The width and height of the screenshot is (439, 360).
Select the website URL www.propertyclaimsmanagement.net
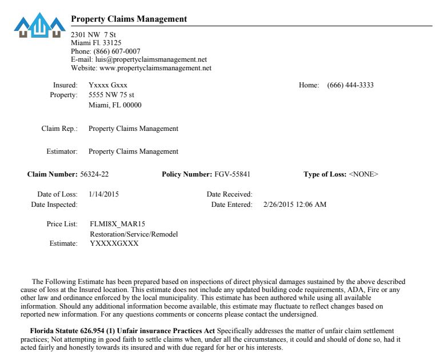[x=155, y=68]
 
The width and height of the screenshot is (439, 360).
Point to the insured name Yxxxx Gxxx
[x=108, y=85]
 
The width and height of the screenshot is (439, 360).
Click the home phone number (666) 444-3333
[x=350, y=85]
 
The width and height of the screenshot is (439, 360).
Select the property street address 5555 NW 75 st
[x=111, y=95]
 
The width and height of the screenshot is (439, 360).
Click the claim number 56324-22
[x=94, y=174]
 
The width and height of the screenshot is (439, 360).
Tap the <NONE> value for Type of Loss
[x=364, y=174]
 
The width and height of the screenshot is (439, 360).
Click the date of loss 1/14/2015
[x=104, y=194]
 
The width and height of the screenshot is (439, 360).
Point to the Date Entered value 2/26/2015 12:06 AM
[x=295, y=205]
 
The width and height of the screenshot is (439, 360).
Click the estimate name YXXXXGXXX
[x=114, y=243]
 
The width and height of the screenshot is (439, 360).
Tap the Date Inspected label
[x=54, y=205]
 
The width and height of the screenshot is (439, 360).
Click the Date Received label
[x=229, y=194]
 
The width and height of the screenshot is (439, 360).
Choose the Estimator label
[x=62, y=151]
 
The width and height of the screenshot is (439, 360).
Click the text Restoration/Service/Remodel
[x=134, y=234]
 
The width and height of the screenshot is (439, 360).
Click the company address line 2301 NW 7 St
[x=93, y=35]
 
